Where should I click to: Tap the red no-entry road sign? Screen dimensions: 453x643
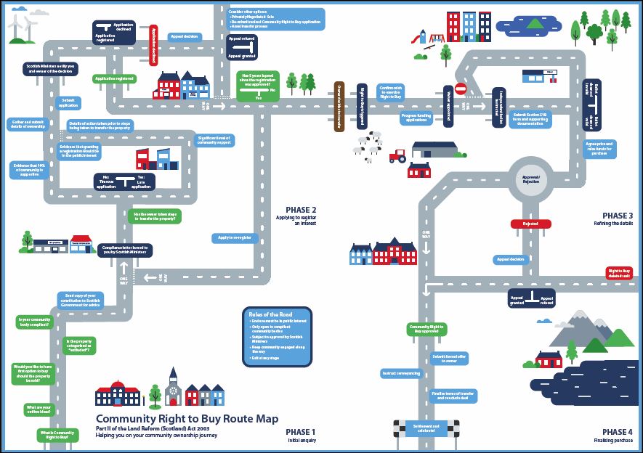click(x=459, y=88)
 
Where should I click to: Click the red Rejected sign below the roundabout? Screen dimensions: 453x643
click(x=530, y=224)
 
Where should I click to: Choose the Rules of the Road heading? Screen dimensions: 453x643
click(x=266, y=314)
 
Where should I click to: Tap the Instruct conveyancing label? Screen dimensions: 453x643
click(x=400, y=373)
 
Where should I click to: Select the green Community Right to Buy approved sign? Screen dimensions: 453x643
click(x=426, y=329)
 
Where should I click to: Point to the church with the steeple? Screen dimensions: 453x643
click(x=172, y=388)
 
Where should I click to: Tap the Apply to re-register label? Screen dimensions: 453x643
click(x=233, y=237)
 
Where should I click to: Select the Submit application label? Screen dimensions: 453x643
click(x=69, y=102)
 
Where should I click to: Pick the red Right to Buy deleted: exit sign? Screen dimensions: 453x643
click(x=620, y=273)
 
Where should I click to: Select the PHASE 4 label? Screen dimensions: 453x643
click(x=618, y=431)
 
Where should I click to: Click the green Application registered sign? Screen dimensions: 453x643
click(x=114, y=78)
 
